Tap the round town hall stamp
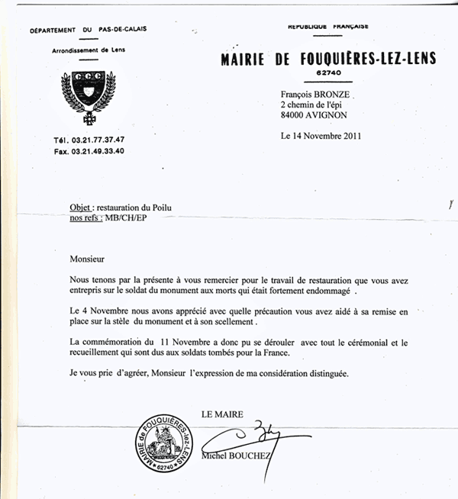[x=163, y=442]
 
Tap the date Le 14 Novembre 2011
[x=321, y=137]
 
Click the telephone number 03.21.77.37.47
[x=99, y=140]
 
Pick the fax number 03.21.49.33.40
[x=99, y=151]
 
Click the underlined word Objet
[x=80, y=208]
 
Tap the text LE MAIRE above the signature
[x=222, y=414]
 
